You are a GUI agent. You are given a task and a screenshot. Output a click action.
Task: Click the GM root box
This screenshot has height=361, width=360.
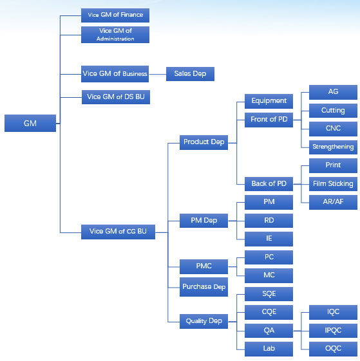[30, 123]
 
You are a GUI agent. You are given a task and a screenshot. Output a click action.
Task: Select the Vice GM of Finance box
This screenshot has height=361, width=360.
[115, 15]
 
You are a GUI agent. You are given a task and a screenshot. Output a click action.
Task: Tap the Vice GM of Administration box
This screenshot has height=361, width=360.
[115, 35]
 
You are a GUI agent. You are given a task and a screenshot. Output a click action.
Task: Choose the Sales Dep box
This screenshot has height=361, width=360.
[190, 74]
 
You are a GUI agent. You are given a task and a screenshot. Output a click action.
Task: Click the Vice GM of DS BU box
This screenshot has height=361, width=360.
[116, 97]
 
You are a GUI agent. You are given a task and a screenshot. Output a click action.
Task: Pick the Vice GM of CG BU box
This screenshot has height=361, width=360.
[118, 232]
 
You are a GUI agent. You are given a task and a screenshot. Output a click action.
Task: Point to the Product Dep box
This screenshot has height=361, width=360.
[204, 142]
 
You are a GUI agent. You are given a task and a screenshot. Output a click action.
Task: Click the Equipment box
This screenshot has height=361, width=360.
[269, 101]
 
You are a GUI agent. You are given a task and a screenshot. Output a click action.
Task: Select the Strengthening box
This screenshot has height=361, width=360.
[333, 147]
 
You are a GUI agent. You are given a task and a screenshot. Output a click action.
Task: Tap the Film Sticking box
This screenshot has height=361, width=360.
[333, 184]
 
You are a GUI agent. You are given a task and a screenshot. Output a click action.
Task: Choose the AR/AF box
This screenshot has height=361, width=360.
[333, 202]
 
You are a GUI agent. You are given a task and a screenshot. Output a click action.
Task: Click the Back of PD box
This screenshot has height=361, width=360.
[269, 184]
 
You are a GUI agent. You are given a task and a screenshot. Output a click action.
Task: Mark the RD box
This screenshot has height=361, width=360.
[269, 221]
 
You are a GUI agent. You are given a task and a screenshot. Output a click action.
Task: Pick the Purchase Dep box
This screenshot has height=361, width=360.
[204, 287]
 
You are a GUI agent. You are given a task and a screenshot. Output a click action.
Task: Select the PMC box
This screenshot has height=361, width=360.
[204, 266]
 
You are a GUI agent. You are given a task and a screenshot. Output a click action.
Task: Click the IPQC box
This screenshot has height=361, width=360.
[333, 331]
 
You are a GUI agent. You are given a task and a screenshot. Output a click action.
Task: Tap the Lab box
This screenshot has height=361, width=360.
[269, 349]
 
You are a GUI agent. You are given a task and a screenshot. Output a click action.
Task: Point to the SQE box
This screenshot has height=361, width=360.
[269, 294]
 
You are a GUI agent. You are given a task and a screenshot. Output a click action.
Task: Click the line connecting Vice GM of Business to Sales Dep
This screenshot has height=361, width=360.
[157, 74]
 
